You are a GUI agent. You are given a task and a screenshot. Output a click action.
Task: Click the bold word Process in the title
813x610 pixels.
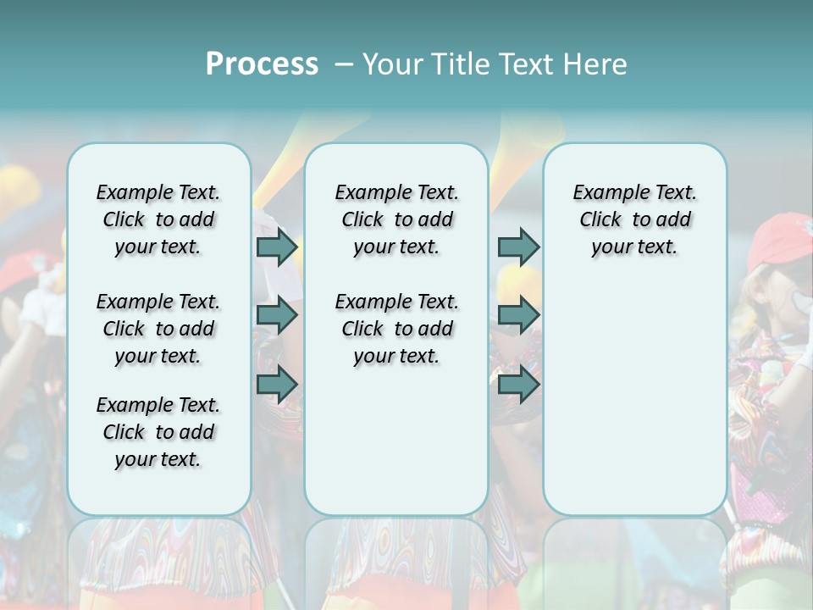[262, 64]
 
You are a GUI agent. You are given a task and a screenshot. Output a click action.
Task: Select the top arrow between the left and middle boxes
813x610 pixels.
[277, 247]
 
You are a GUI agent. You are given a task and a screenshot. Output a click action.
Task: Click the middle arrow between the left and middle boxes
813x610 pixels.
[277, 315]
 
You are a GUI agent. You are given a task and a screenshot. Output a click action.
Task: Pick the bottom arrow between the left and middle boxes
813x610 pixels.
[277, 384]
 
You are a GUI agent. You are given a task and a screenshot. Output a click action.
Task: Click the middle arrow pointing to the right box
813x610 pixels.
[518, 315]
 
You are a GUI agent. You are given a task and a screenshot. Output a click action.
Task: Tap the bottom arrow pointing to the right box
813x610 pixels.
[518, 385]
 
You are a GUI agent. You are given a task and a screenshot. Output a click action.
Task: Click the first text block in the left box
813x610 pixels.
[158, 219]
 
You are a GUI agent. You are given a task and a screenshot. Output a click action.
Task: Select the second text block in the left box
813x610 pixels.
[158, 329]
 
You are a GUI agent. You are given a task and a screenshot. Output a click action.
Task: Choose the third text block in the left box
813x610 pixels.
[158, 432]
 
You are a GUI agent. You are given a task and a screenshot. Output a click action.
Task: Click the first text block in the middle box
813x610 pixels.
[396, 219]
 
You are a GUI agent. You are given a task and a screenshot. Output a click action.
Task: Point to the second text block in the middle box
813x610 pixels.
[396, 329]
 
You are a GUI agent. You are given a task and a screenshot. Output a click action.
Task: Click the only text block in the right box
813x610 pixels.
[634, 219]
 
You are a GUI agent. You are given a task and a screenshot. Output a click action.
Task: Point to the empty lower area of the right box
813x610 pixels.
[634, 398]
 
